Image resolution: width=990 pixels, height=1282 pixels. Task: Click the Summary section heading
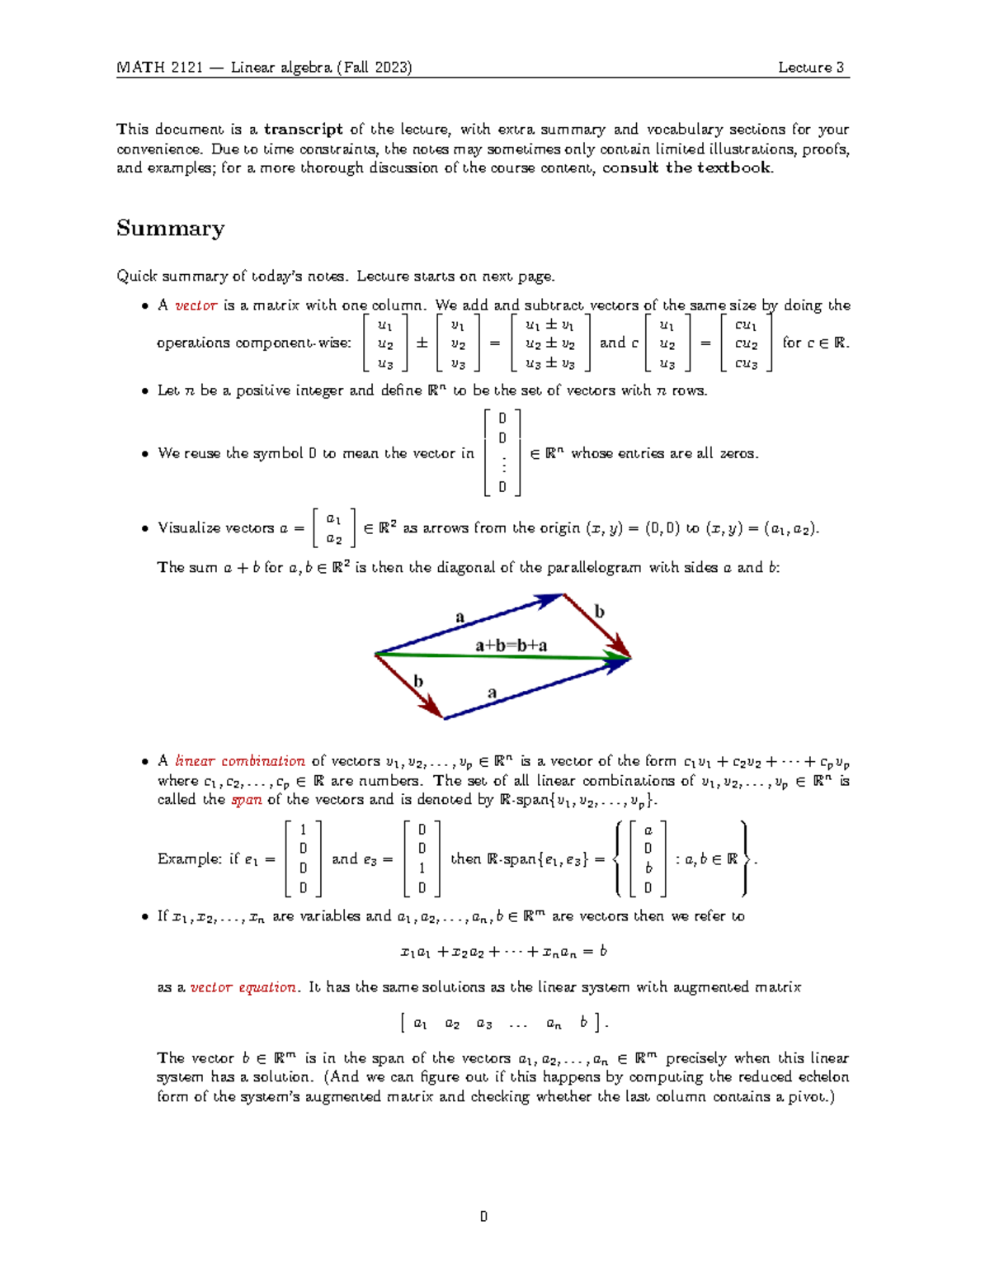[x=170, y=229]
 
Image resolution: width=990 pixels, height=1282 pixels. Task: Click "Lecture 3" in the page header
[x=811, y=68]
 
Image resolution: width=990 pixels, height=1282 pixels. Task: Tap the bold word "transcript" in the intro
[x=303, y=129]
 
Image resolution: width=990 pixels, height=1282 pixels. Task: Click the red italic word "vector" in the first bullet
[x=196, y=305]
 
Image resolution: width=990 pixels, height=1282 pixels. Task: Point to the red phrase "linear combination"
[x=240, y=761]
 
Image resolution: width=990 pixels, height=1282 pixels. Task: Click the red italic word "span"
[x=246, y=800]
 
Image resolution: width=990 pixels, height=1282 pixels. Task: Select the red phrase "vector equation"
[x=243, y=987]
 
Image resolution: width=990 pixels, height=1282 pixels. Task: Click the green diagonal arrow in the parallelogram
[x=495, y=657]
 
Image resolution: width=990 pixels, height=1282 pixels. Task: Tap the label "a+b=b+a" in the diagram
[x=511, y=646]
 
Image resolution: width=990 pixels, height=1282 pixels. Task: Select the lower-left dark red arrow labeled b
[x=408, y=685]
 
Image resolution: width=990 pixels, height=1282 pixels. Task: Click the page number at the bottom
[x=483, y=1217]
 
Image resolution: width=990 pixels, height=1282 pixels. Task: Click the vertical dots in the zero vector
[x=502, y=465]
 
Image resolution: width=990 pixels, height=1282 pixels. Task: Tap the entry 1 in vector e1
[x=303, y=830]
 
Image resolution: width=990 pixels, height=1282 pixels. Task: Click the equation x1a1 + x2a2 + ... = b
[x=502, y=952]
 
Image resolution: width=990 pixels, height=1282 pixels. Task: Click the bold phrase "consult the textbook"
[x=687, y=168]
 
